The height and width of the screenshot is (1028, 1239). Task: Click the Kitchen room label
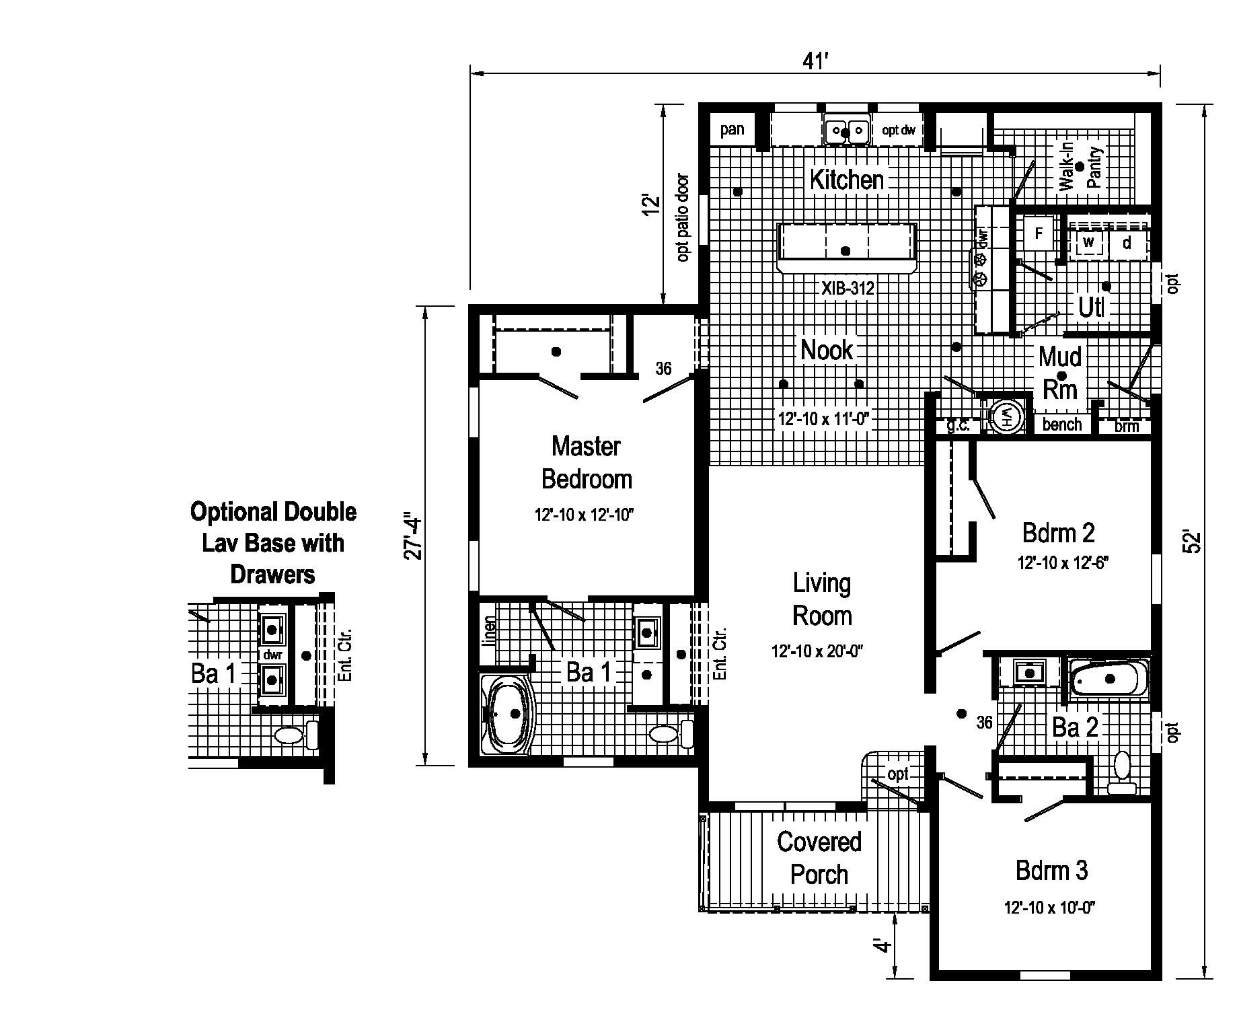[846, 180]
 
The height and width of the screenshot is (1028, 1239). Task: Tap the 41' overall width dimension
[815, 62]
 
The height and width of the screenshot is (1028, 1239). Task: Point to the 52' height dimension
[1192, 542]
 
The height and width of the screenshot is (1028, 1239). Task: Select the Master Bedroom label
[586, 462]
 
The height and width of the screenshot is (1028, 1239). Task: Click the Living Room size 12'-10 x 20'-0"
[817, 651]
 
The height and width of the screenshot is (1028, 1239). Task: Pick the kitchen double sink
[846, 131]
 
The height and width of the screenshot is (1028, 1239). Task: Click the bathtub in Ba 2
[1109, 680]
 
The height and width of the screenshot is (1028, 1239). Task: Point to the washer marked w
[1088, 242]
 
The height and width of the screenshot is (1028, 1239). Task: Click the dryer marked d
[1127, 243]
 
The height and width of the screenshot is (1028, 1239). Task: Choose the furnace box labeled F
[1039, 233]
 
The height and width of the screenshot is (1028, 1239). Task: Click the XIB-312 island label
[848, 289]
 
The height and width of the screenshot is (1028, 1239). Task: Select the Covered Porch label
[819, 858]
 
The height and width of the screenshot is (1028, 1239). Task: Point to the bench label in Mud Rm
[1061, 425]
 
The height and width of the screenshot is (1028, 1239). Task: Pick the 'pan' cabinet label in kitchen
[732, 129]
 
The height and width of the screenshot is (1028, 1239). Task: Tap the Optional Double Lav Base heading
[273, 543]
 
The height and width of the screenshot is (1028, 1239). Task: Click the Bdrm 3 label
[1051, 871]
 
